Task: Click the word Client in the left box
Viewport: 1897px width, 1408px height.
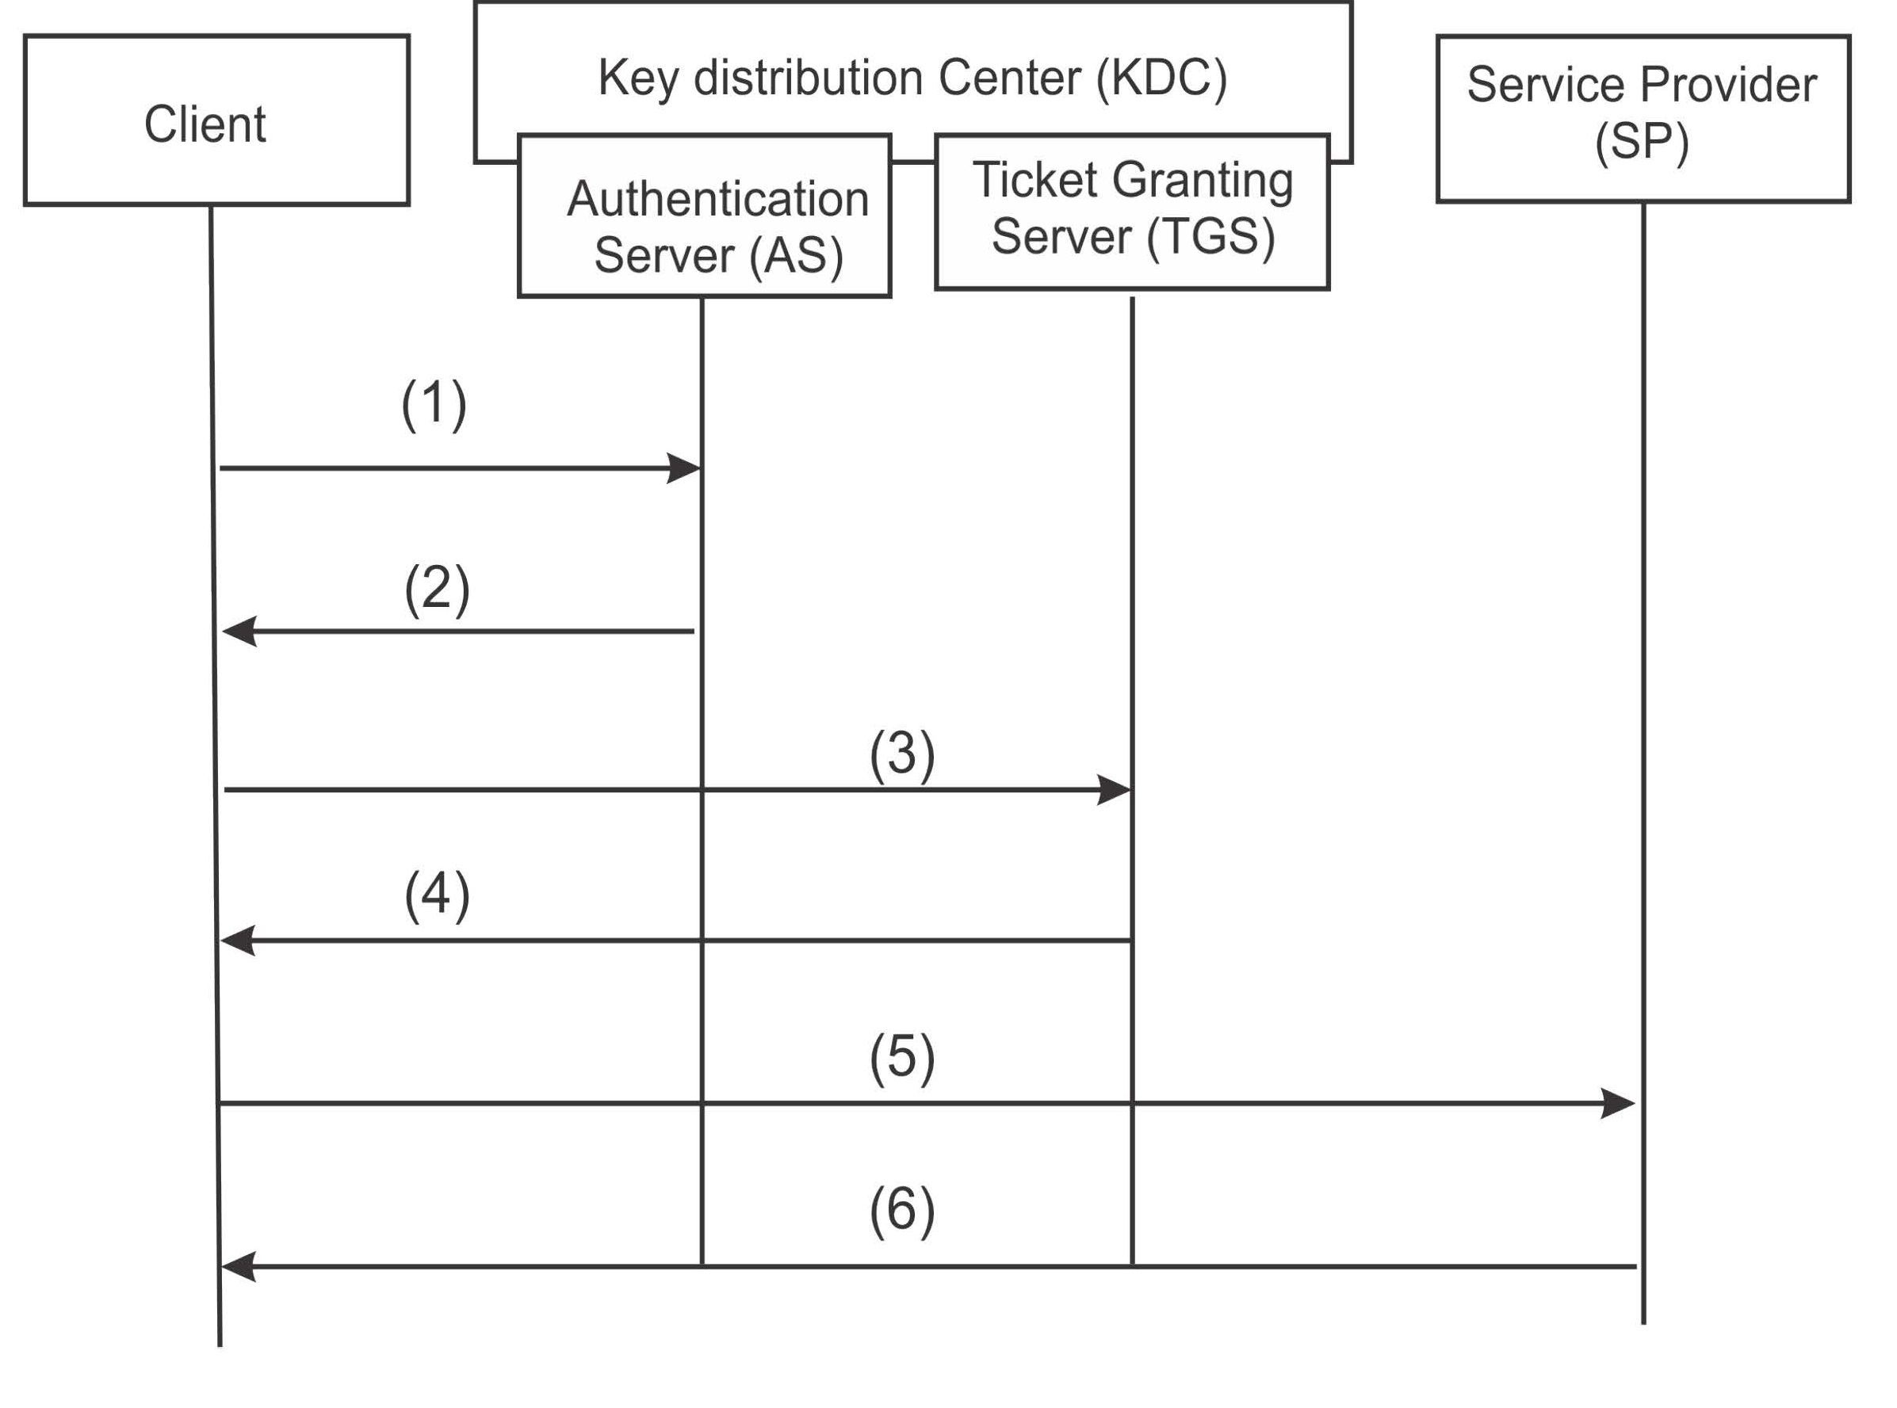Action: [x=205, y=124]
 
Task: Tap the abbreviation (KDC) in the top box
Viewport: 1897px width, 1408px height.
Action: [x=1161, y=78]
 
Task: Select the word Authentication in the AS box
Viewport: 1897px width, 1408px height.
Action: [x=718, y=200]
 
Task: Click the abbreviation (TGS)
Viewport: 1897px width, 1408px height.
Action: [x=1210, y=236]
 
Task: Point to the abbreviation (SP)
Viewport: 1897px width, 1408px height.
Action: [x=1641, y=142]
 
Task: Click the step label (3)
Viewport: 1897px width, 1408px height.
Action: [x=902, y=754]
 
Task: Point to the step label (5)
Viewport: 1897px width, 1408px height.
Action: [x=902, y=1058]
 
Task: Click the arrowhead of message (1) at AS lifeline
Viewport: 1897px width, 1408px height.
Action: [x=684, y=468]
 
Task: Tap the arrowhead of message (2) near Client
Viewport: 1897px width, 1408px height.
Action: [x=239, y=632]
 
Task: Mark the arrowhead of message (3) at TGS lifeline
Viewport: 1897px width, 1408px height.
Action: [x=1114, y=790]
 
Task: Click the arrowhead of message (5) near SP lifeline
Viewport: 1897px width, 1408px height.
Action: [x=1617, y=1104]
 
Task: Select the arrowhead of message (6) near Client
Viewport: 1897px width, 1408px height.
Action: [x=239, y=1268]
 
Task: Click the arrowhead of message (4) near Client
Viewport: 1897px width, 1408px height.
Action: [x=239, y=941]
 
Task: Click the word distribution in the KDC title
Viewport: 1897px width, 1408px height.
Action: [x=808, y=78]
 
